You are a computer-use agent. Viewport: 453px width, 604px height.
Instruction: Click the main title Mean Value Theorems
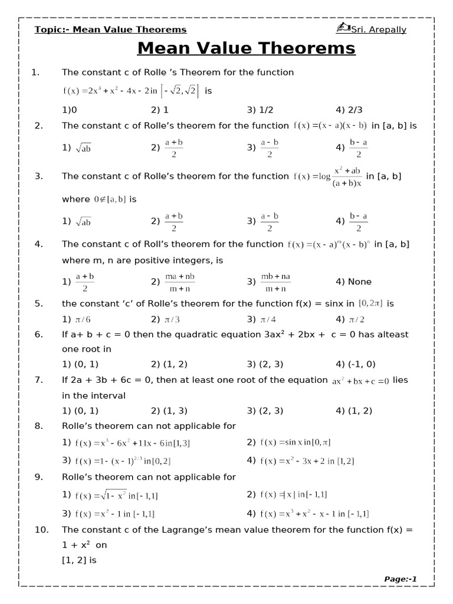(246, 48)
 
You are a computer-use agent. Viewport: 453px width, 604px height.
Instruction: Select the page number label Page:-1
(401, 579)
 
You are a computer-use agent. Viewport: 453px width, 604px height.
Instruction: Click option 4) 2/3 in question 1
(348, 110)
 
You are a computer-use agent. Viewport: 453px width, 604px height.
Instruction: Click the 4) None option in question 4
(354, 282)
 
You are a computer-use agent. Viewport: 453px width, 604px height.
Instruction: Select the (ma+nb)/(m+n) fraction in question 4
(179, 282)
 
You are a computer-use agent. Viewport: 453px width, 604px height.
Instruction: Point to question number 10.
(41, 530)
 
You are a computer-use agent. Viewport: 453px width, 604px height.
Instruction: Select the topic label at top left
(110, 29)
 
